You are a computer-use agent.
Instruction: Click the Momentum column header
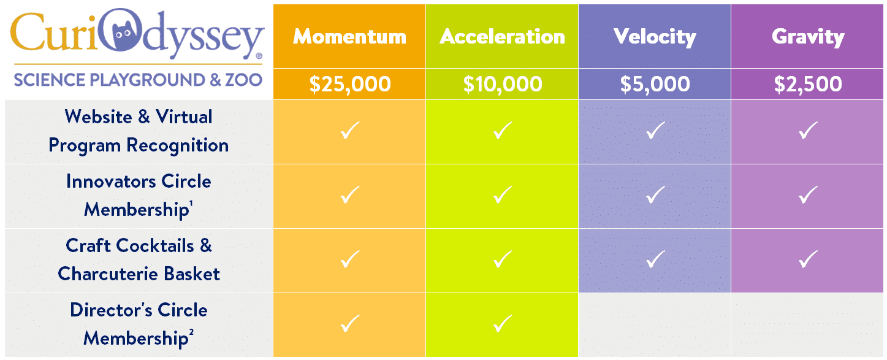(349, 36)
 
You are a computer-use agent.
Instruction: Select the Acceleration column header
(502, 36)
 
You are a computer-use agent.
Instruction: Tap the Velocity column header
(655, 37)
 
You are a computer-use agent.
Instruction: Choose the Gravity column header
(808, 37)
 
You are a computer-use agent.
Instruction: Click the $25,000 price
(349, 84)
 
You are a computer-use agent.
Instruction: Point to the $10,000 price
(502, 84)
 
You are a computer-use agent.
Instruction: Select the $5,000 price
(655, 84)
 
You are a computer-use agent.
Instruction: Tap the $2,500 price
(808, 84)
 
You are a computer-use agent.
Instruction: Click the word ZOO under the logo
(244, 80)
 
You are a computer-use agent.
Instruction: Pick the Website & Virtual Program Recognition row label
(139, 131)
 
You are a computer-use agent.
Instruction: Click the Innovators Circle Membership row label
(139, 195)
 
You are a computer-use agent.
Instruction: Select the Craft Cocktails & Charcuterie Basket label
(139, 260)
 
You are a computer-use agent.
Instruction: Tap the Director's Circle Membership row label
(139, 324)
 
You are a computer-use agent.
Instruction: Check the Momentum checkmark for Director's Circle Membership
(350, 323)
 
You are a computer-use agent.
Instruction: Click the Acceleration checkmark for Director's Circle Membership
(503, 323)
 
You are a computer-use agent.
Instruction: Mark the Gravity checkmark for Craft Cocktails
(808, 259)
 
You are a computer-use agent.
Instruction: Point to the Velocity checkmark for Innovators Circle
(656, 194)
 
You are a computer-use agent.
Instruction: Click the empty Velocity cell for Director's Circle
(655, 325)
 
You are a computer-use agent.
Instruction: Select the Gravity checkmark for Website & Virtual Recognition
(808, 130)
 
